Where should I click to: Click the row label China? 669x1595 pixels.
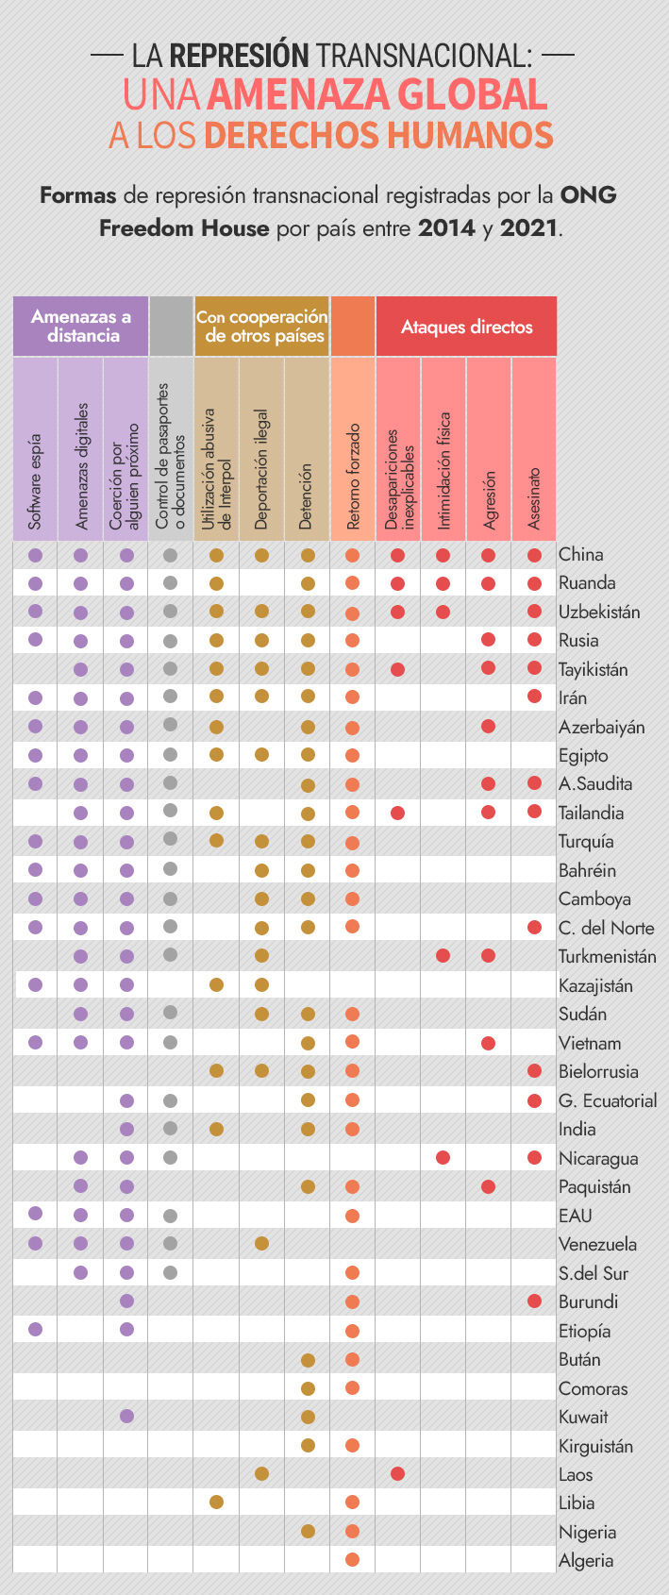(x=580, y=555)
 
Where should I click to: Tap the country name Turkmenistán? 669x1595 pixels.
(x=607, y=956)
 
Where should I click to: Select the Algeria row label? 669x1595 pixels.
(x=586, y=1560)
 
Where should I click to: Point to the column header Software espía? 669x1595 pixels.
(x=36, y=481)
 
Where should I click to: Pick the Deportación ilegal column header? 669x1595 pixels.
(x=261, y=469)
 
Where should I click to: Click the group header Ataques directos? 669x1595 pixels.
(x=466, y=327)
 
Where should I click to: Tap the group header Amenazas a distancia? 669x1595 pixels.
(x=81, y=327)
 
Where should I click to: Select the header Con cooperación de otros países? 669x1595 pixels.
(x=262, y=327)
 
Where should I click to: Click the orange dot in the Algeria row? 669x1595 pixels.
(x=353, y=1559)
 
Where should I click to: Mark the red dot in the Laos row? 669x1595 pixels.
(x=397, y=1473)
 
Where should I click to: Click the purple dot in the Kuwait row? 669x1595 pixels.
(x=126, y=1416)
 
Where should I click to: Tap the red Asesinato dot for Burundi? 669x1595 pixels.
(x=534, y=1301)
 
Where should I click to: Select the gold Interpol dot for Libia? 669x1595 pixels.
(x=216, y=1502)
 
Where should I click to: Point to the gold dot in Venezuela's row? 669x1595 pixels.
(x=261, y=1243)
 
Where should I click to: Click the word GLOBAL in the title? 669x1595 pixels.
(x=472, y=95)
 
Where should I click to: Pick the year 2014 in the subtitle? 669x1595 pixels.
(x=446, y=227)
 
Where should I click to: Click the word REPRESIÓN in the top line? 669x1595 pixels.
(x=240, y=56)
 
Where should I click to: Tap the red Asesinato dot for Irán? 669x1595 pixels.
(x=534, y=697)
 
